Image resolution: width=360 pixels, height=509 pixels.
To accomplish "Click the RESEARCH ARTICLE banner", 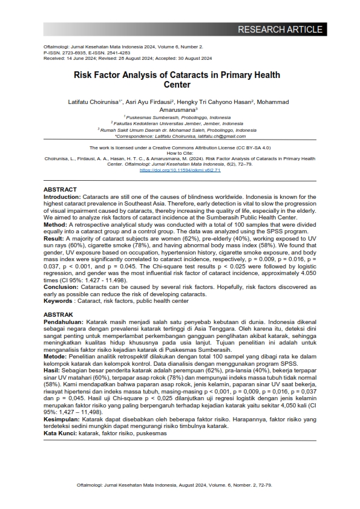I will [280, 30].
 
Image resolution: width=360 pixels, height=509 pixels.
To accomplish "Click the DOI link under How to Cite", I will [180, 170].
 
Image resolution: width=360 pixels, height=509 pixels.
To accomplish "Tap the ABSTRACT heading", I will [61, 189].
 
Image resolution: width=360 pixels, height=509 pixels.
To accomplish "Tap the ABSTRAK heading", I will [59, 315].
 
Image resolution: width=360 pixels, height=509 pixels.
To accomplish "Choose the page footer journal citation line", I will [180, 485].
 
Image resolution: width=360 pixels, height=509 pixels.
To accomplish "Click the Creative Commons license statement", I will [180, 148].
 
